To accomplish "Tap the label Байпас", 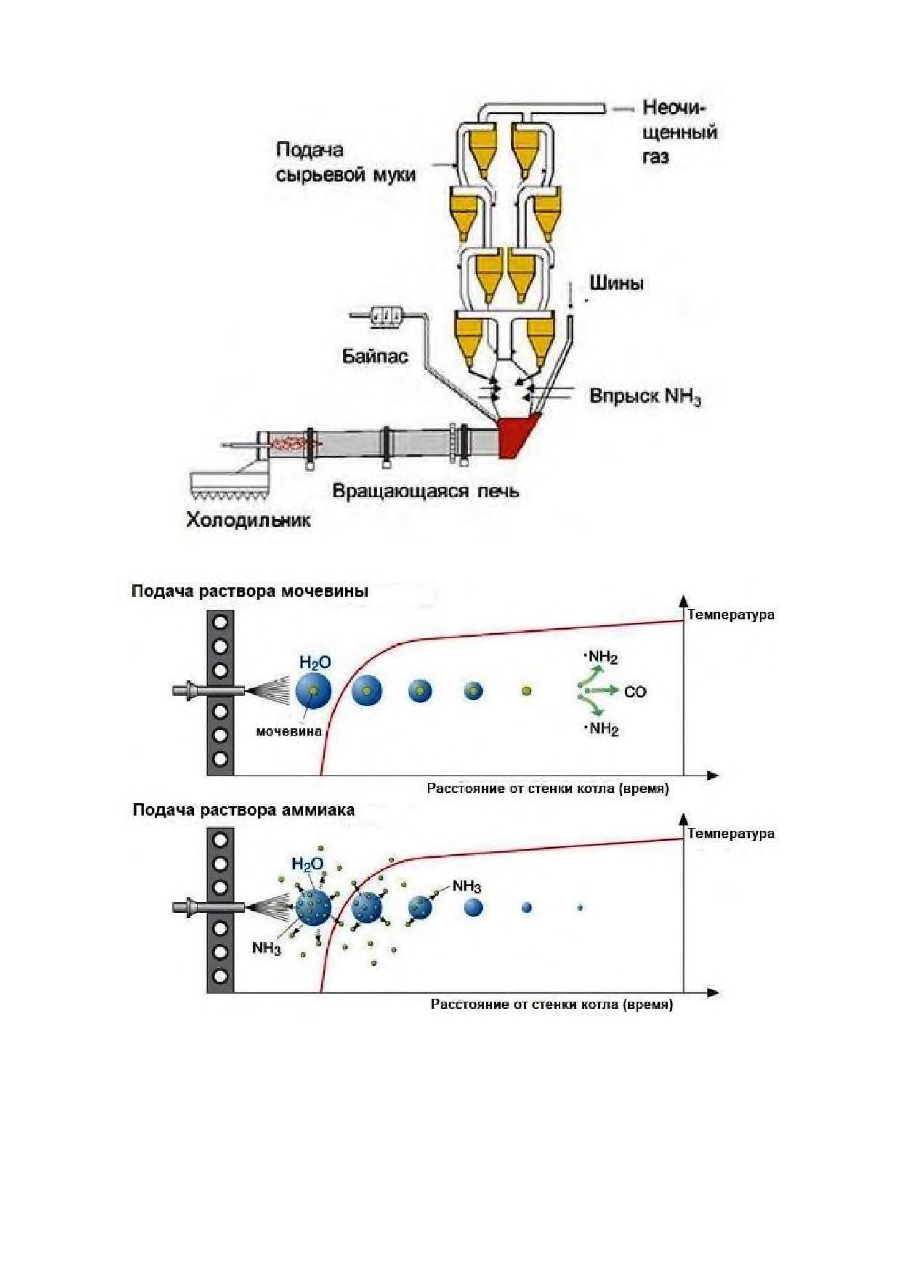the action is (x=375, y=356).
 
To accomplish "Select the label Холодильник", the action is (x=249, y=520).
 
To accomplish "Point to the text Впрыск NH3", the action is (x=645, y=397).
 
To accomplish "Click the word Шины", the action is (x=616, y=283).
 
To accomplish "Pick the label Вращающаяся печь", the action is (x=426, y=491).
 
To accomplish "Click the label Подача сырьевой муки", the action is (x=346, y=162).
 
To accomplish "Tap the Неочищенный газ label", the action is (x=679, y=132).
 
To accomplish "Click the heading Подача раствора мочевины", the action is (x=250, y=591).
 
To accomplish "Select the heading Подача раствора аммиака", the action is (x=243, y=810).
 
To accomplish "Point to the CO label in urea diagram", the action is (x=634, y=691).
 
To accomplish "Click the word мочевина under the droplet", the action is (x=288, y=731).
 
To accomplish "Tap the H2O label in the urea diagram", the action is (x=315, y=662).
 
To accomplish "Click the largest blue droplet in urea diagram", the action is (x=314, y=691).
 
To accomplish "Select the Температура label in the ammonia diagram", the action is (x=731, y=833).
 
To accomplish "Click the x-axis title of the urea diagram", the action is (x=548, y=788).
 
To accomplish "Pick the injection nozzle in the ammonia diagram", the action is (x=211, y=906).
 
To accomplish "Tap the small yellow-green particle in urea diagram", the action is (x=526, y=691).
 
